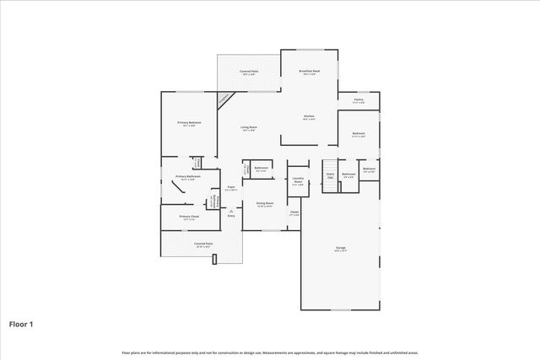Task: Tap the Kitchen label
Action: [309, 116]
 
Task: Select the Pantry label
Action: [359, 100]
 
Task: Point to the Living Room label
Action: [248, 128]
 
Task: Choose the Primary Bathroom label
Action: [186, 177]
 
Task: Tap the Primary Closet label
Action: [189, 218]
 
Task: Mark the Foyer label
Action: [231, 188]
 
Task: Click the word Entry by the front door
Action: [231, 216]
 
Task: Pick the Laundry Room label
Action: [298, 181]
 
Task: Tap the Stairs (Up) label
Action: [331, 176]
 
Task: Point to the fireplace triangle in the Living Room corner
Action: [224, 99]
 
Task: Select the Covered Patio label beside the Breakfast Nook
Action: [248, 73]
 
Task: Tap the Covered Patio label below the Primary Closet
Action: [202, 244]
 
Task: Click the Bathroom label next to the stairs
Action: [348, 176]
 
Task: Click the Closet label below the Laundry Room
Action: [294, 212]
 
